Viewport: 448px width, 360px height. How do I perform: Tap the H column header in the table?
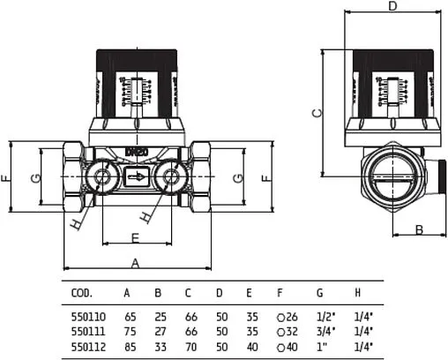tap(357, 292)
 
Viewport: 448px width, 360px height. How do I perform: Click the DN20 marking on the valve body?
tap(137, 151)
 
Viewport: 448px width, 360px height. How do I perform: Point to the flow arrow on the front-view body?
tap(137, 177)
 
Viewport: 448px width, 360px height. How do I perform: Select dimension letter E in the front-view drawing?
tap(135, 236)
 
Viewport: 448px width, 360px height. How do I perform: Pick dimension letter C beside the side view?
tap(318, 112)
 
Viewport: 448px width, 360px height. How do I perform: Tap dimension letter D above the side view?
tap(392, 7)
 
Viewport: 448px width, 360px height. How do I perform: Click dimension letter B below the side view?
tap(420, 229)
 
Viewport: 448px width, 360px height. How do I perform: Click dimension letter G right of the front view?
tap(236, 178)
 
